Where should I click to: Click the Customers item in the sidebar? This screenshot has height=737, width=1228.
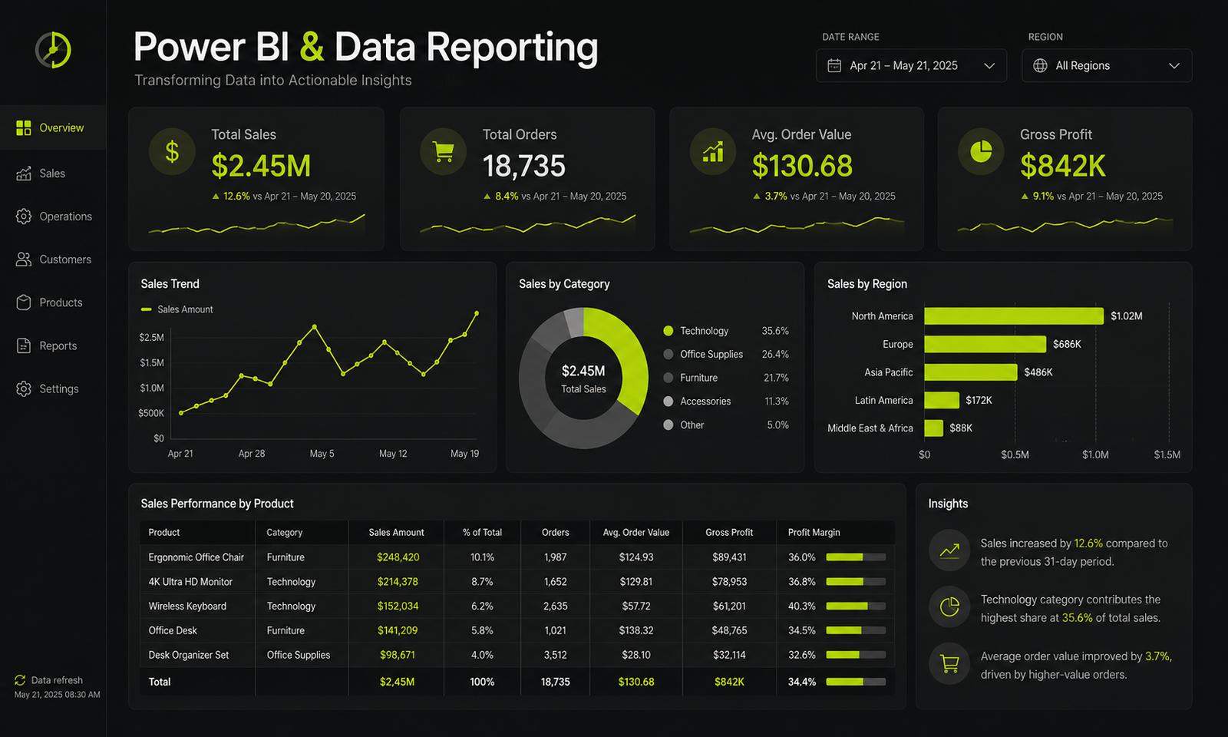pos(54,259)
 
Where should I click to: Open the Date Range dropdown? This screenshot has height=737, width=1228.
pos(911,66)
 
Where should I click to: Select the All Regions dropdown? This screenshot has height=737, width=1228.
pos(1107,66)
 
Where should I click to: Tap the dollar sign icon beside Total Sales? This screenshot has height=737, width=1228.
pos(172,152)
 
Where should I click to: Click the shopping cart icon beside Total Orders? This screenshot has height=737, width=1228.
pos(443,152)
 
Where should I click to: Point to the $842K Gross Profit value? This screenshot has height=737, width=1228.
pos(1062,166)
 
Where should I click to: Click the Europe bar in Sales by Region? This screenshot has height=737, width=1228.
pos(985,345)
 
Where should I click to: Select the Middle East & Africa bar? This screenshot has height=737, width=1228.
pos(933,428)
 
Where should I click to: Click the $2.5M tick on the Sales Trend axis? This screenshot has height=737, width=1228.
pos(151,337)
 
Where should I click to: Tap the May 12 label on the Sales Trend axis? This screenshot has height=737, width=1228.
pos(393,454)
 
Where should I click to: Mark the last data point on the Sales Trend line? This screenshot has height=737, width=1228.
pos(477,313)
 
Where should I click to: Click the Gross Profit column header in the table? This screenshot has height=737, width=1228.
pos(729,533)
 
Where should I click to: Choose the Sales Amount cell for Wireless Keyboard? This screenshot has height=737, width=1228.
pos(398,606)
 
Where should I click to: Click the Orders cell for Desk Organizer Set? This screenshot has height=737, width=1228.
pos(556,655)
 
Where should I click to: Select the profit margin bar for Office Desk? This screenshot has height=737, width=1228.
pos(856,630)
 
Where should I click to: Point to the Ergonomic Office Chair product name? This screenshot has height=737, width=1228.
pos(196,557)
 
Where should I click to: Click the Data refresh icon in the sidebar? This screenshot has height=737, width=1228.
pos(20,680)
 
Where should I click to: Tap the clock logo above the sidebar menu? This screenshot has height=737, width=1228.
pos(53,50)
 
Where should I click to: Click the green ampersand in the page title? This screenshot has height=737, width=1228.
pos(312,47)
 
